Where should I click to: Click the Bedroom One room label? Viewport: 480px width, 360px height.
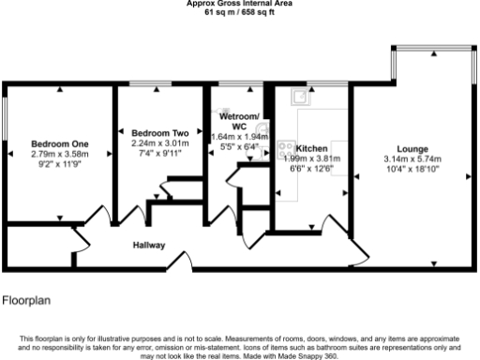click(x=58, y=143)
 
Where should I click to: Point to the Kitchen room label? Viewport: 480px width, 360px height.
click(x=311, y=148)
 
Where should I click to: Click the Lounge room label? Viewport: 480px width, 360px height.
click(x=412, y=149)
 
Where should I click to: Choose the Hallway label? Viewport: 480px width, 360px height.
click(x=148, y=246)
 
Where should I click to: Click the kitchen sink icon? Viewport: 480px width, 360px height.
click(x=302, y=95)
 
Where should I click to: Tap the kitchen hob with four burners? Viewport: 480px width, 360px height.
click(x=285, y=148)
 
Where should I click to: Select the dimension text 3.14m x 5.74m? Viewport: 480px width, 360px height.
click(x=412, y=159)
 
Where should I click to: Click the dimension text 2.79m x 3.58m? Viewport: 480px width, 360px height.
click(x=58, y=154)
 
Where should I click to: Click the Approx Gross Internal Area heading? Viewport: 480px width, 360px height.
click(x=239, y=4)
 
